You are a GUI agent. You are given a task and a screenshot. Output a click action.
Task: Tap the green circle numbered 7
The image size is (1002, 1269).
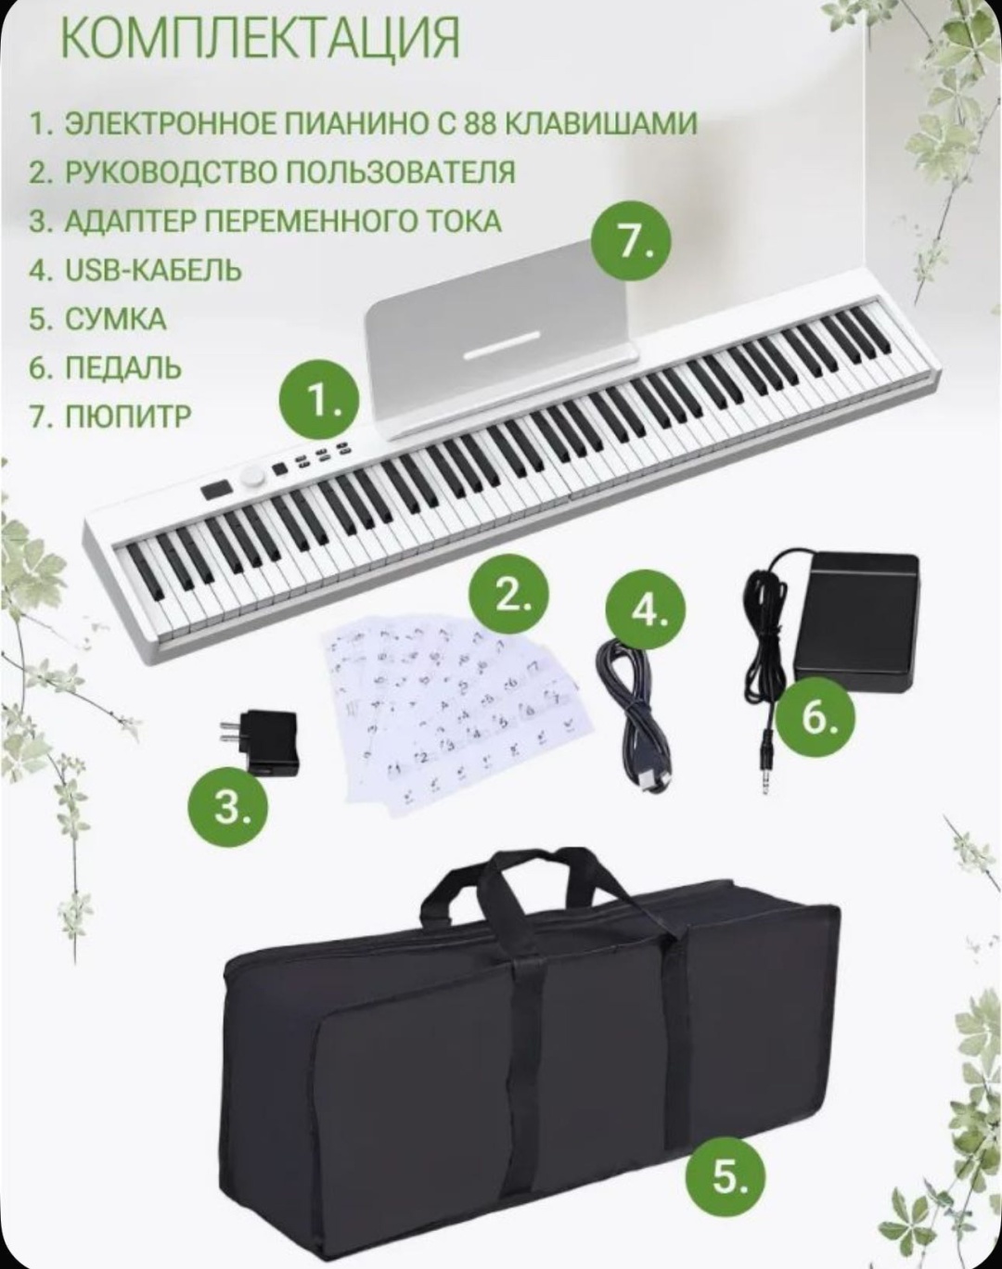coord(632,242)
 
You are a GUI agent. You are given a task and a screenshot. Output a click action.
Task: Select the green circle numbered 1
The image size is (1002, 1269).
coord(319,399)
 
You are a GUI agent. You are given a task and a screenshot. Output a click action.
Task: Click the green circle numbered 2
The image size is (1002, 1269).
coord(508,593)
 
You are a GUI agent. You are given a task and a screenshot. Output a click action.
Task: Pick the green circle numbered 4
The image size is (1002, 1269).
coord(647,611)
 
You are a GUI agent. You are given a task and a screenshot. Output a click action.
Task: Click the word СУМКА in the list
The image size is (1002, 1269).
coord(115,320)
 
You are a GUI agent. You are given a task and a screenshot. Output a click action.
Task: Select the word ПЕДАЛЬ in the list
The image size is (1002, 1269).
coord(122,368)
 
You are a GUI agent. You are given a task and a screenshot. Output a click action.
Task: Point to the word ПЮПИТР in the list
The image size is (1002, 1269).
coord(128,417)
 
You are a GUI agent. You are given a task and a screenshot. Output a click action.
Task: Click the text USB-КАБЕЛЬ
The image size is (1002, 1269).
coord(153,271)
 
